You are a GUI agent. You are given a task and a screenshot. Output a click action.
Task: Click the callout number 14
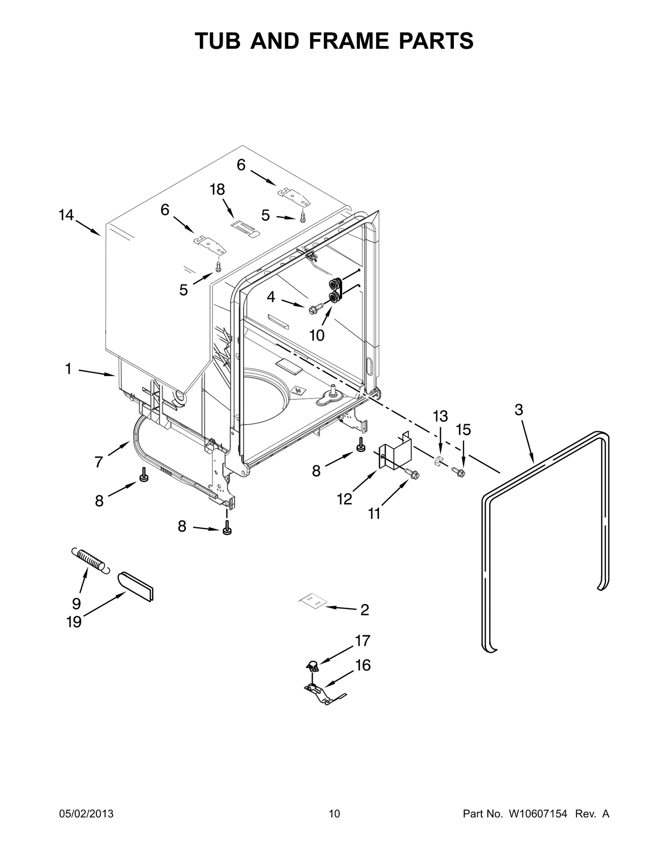click(x=66, y=216)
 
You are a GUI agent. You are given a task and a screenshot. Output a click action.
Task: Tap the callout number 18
click(x=217, y=190)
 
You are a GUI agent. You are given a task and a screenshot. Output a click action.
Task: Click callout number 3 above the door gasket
click(x=519, y=410)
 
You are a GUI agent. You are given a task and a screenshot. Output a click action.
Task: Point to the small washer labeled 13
click(x=438, y=461)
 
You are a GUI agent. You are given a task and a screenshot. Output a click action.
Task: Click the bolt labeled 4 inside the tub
click(x=313, y=310)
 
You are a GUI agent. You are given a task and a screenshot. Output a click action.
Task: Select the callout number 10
click(x=317, y=335)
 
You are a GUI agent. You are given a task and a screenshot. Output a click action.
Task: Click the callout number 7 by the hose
click(x=99, y=462)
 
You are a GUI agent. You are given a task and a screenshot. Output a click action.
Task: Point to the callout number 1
click(x=68, y=369)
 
